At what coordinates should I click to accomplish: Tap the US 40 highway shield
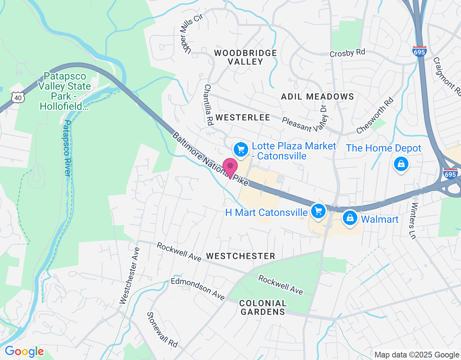pos(18,97)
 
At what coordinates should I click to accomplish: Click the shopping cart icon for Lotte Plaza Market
pos(241,149)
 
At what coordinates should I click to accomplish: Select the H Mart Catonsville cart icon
pos(318,211)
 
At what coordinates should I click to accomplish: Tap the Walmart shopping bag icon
pos(350,218)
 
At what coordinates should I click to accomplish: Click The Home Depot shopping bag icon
pos(401,164)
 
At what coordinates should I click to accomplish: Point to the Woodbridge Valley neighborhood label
pos(245,58)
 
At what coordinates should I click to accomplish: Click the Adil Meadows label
pos(317,96)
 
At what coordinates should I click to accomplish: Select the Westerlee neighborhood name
pos(243,117)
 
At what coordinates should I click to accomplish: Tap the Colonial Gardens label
pos(263,307)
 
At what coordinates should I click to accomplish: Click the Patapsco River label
pos(67,148)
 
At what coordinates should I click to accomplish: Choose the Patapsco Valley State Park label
pos(64,91)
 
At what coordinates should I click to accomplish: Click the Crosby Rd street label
pos(347,53)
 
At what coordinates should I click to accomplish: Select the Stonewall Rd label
pos(162,330)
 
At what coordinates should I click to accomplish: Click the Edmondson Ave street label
pos(198,289)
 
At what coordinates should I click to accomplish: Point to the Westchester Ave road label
pos(129,276)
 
